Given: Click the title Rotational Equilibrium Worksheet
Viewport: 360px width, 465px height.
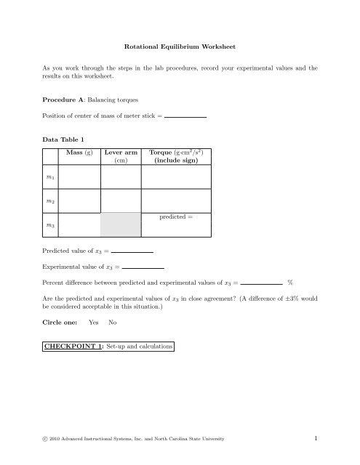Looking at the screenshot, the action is pyautogui.click(x=180, y=45).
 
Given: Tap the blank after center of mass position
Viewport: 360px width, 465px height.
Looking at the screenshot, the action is pyautogui.click(x=185, y=116).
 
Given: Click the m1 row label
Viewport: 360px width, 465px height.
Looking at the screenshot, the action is pyautogui.click(x=49, y=177).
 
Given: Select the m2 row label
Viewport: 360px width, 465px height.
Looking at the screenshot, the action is pyautogui.click(x=49, y=201).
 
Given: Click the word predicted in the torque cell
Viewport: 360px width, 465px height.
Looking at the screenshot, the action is pyautogui.click(x=172, y=217).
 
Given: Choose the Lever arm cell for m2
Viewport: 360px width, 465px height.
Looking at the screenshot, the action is pyautogui.click(x=121, y=201).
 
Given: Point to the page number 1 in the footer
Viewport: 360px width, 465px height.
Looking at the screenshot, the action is pyautogui.click(x=319, y=439).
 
